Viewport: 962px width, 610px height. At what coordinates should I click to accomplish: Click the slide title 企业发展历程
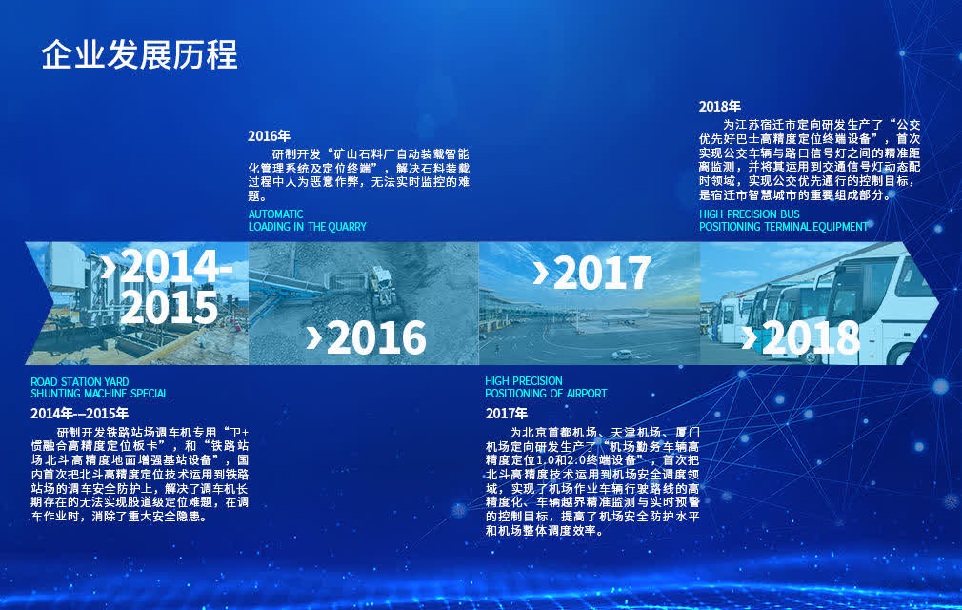pos(139,54)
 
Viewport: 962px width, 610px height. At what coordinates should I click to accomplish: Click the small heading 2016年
pos(269,136)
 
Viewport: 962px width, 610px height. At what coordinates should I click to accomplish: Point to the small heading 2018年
pos(720,107)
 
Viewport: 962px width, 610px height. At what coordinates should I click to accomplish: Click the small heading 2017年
pos(507,414)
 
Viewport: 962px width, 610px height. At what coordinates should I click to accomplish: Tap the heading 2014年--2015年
pos(80,414)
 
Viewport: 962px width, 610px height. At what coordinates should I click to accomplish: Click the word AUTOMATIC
pos(275,214)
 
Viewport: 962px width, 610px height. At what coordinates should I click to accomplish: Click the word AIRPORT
pos(587,394)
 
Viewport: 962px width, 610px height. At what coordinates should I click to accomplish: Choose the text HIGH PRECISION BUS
pos(749,214)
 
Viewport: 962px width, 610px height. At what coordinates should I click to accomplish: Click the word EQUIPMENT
pos(840,227)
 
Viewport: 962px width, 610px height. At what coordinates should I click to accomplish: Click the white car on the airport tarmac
pos(622,355)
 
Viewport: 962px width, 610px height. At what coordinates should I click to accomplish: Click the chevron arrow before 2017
pos(540,274)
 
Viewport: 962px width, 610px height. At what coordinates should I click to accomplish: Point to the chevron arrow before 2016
pos(313,337)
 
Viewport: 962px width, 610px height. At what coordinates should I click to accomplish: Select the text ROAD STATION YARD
pos(80,381)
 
